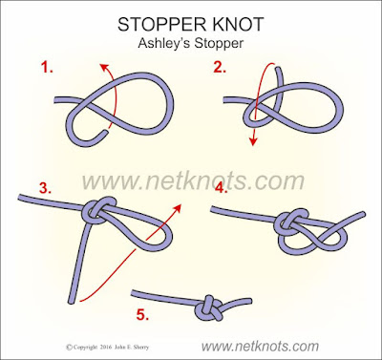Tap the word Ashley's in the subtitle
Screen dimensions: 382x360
click(164, 43)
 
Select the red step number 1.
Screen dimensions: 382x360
click(47, 68)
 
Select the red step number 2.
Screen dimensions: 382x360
click(220, 67)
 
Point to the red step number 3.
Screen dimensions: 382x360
click(45, 188)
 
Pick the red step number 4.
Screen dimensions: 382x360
click(222, 188)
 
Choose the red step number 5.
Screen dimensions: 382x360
click(143, 315)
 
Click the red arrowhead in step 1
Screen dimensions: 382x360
click(105, 68)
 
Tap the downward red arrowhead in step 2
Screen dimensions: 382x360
click(253, 140)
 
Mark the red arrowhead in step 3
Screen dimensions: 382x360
click(177, 208)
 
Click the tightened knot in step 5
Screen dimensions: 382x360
click(209, 308)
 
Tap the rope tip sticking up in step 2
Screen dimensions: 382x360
click(278, 69)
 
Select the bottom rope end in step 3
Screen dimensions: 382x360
click(72, 300)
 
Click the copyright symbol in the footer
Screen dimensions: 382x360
click(69, 348)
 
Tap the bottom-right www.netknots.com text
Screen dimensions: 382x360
click(260, 346)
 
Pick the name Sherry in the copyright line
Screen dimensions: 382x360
click(141, 348)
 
